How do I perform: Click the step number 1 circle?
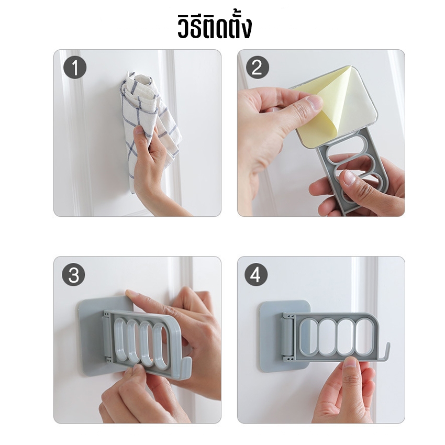click(75, 68)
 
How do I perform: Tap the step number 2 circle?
click(257, 68)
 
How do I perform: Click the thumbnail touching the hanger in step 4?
click(352, 363)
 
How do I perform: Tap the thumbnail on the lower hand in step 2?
click(349, 177)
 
